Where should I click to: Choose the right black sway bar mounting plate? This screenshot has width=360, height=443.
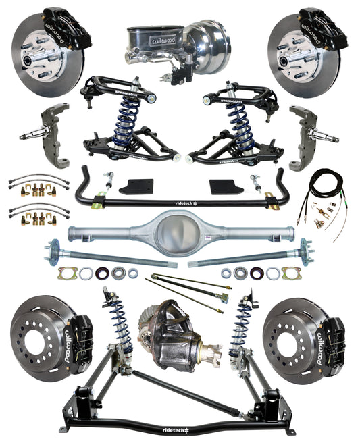pos(224,186)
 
